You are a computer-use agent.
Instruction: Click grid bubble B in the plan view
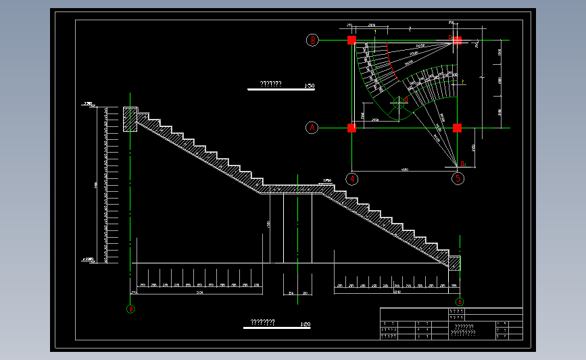coord(312,41)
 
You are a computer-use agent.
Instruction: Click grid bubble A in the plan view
coord(312,127)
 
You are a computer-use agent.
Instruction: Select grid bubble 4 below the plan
coord(352,179)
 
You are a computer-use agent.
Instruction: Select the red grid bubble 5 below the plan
coord(459,179)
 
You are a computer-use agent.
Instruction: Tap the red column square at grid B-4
coord(352,41)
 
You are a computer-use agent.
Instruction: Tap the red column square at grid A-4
coord(352,128)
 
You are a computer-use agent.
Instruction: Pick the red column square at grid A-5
coord(458,128)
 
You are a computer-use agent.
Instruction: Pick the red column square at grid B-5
coord(458,41)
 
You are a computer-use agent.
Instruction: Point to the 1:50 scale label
coord(310,86)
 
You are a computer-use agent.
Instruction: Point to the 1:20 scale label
coord(305,324)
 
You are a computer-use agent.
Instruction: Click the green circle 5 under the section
coord(460,302)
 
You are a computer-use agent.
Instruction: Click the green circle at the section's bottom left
coord(130,309)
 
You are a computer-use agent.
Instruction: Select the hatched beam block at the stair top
coord(130,120)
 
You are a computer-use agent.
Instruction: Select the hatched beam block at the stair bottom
coord(454,263)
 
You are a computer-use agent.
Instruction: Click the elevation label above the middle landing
coord(327,180)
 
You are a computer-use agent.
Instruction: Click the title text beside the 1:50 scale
coord(270,84)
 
